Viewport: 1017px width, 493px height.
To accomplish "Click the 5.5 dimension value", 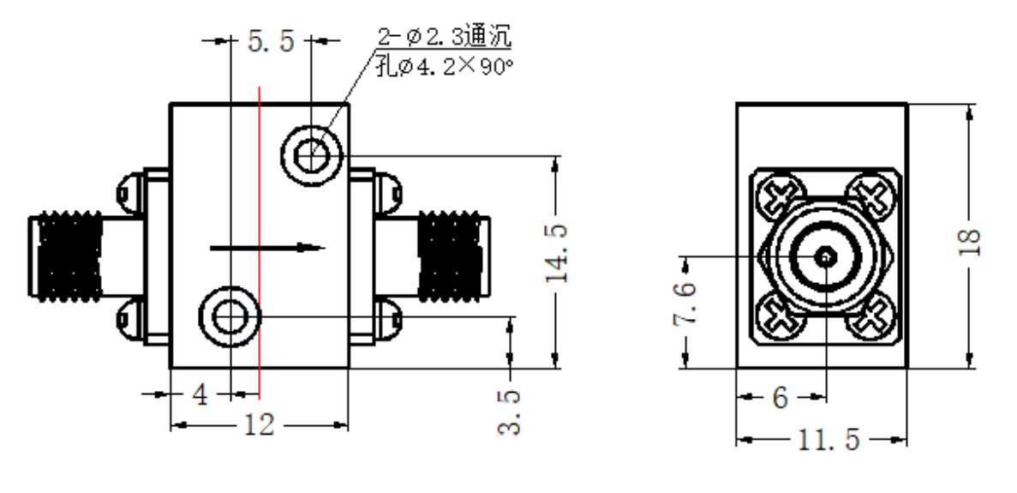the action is coord(271,41).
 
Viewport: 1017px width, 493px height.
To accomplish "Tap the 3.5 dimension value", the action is coord(509,412).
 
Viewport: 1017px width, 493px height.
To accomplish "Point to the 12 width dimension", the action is coord(259,425).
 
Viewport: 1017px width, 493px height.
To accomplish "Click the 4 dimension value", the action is coord(200,394).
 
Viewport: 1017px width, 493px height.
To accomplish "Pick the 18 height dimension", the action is coord(970,242).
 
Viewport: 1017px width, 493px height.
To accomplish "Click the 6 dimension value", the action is coord(781,397).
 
